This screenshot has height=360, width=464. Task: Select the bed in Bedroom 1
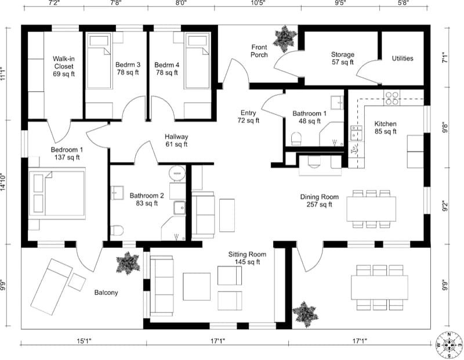tap(57, 193)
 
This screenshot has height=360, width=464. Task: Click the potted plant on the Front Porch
tap(285, 38)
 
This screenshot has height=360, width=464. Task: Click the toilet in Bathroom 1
tap(296, 138)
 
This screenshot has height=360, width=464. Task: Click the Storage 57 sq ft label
tap(343, 58)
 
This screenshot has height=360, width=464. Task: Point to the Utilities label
tap(403, 59)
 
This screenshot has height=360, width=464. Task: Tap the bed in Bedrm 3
tap(100, 61)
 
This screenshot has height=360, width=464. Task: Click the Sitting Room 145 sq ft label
tap(247, 258)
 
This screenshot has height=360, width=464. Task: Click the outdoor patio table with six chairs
tap(379, 287)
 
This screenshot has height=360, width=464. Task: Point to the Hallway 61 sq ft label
tap(176, 140)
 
